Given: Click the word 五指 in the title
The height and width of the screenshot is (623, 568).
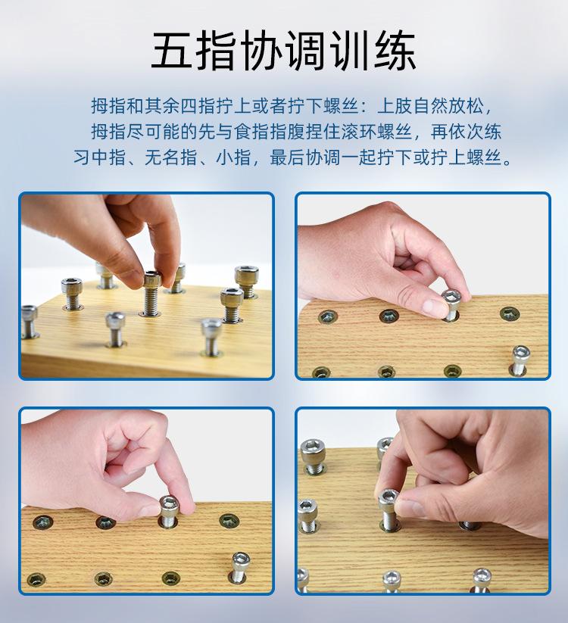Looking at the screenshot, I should (x=185, y=51).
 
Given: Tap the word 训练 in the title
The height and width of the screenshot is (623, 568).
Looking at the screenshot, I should (x=383, y=51).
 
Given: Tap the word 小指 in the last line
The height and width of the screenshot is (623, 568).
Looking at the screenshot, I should (x=231, y=159).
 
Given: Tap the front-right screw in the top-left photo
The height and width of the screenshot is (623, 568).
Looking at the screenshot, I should (x=211, y=335).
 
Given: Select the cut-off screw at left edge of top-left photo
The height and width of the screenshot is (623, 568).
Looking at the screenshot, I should (x=28, y=321).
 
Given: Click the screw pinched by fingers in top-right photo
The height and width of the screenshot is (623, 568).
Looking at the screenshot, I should (x=451, y=304).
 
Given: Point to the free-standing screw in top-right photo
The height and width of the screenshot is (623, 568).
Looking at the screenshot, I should (x=520, y=360).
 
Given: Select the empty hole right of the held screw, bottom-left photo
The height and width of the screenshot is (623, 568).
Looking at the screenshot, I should (x=229, y=521).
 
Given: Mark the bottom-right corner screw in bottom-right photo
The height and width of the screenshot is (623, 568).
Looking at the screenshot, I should (x=482, y=579).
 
